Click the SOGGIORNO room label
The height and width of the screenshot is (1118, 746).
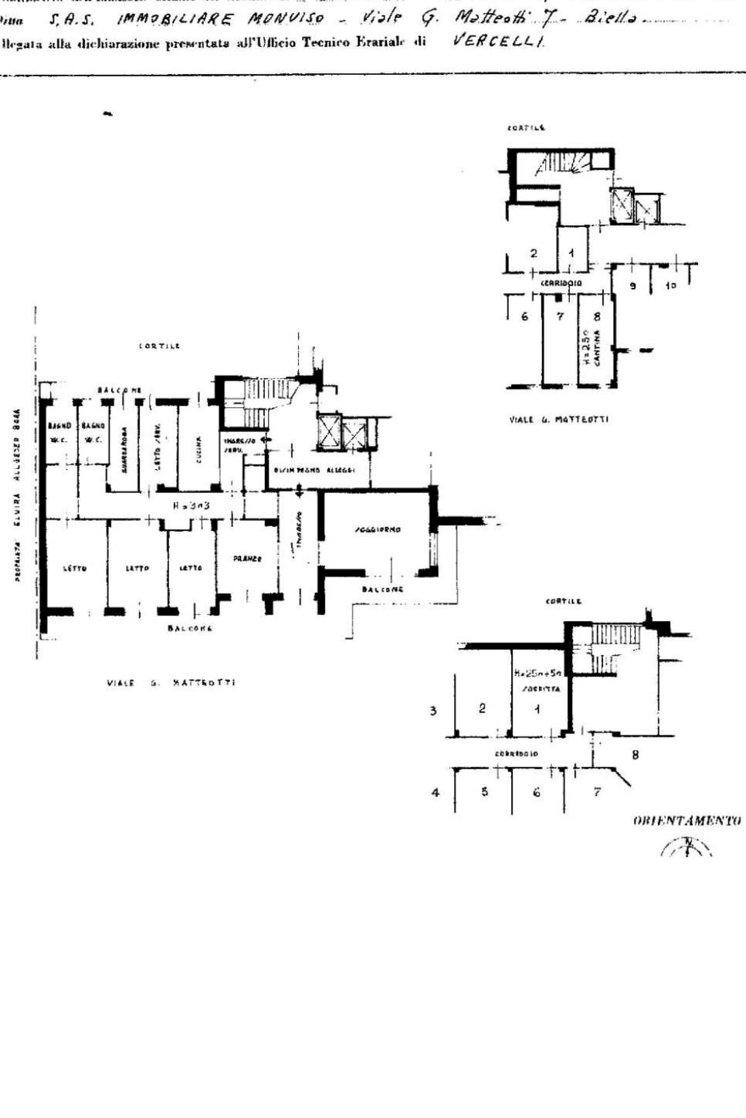click(376, 530)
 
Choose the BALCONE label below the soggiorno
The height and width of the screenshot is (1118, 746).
click(382, 589)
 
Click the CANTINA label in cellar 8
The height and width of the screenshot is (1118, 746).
click(596, 351)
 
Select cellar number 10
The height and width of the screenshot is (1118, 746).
click(670, 286)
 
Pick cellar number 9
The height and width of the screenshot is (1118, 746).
click(632, 286)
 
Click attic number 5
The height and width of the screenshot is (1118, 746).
click(484, 792)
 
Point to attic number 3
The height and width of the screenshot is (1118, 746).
click(433, 711)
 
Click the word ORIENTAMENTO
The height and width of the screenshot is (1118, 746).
click(687, 820)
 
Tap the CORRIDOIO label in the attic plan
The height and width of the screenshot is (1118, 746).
click(517, 753)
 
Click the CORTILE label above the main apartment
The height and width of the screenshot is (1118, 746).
click(159, 346)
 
